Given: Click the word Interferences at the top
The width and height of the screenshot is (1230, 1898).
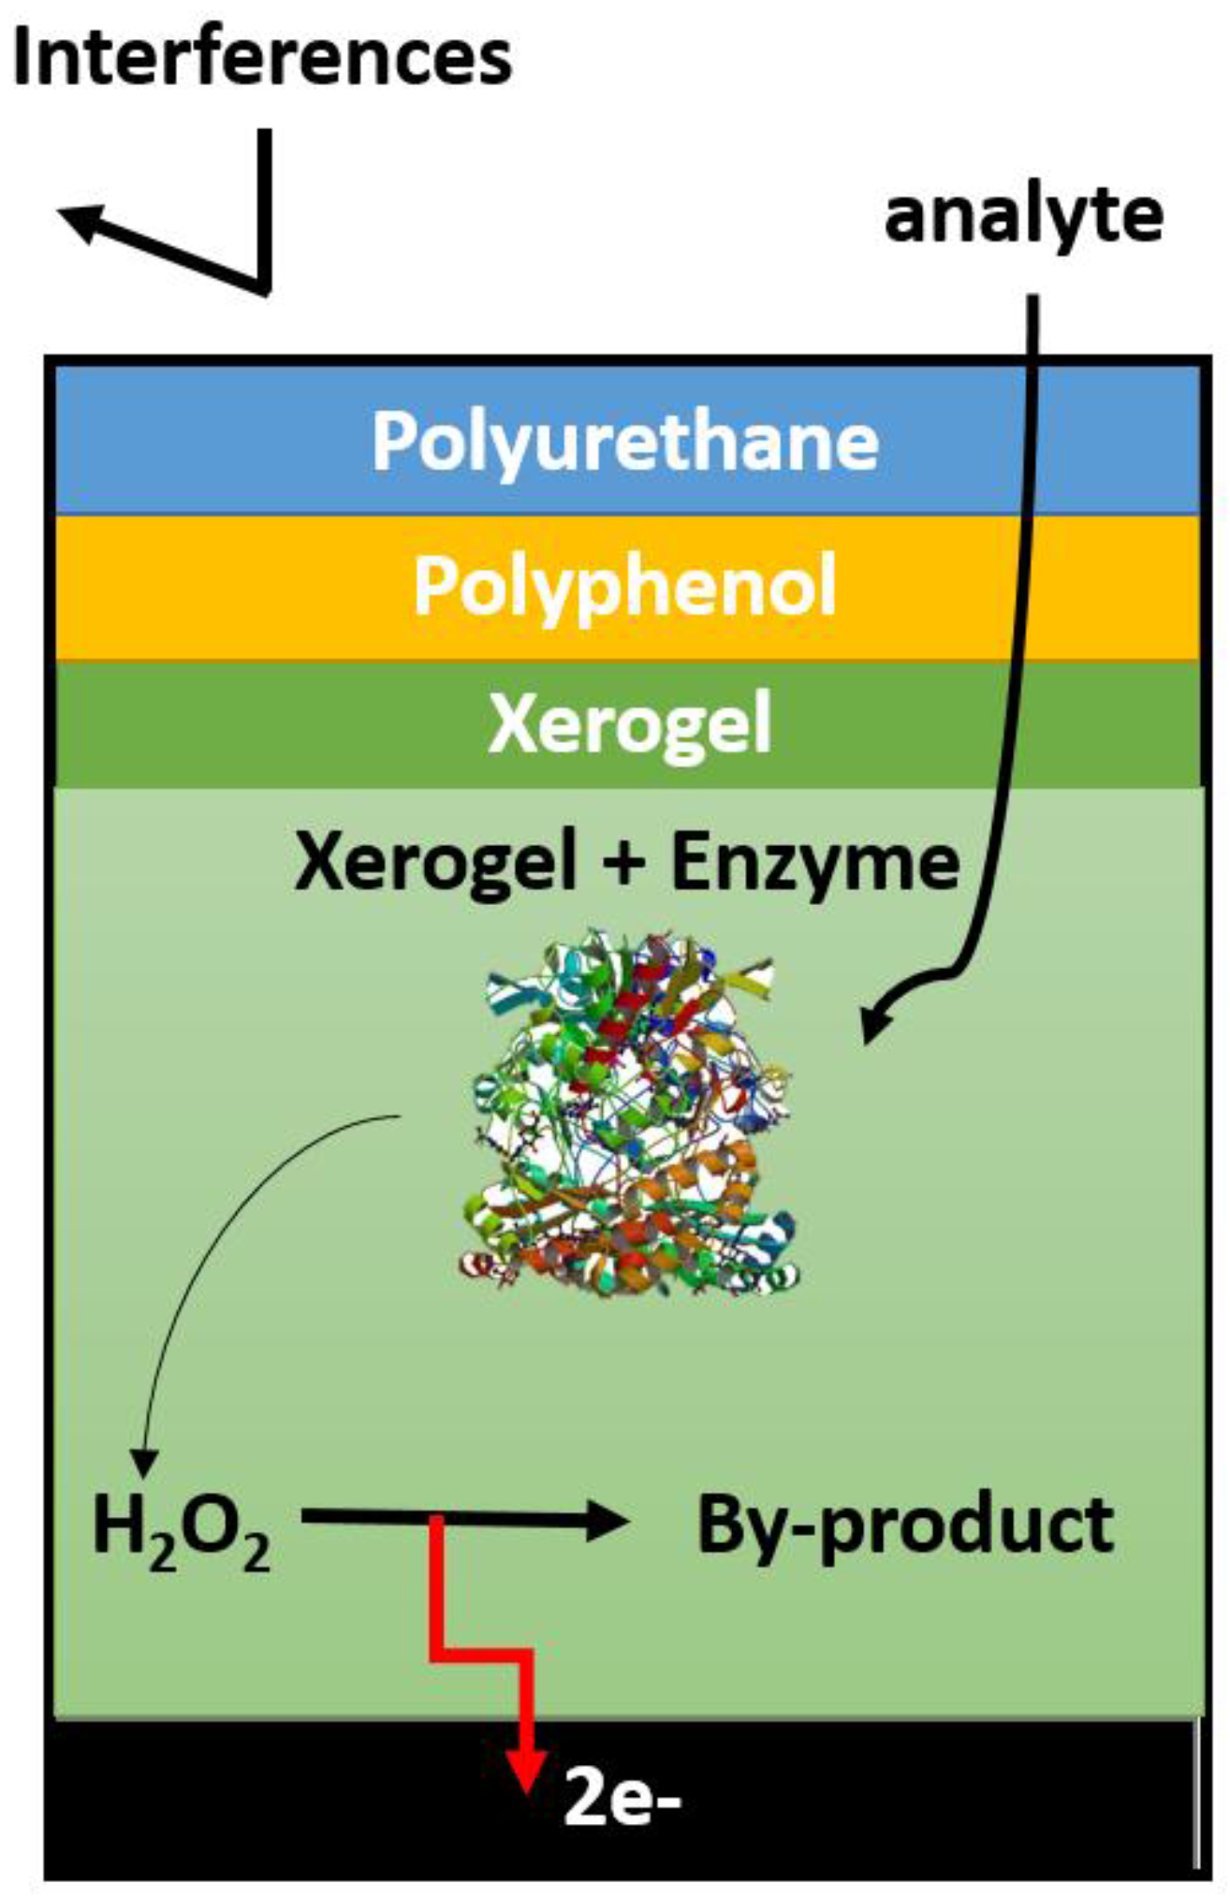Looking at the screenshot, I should coord(262,58).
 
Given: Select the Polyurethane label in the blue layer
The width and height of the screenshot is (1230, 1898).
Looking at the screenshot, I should coord(625,441).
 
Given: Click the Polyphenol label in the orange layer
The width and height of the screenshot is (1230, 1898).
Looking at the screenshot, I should coord(624,585).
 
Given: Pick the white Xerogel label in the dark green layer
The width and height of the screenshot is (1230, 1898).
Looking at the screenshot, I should coord(629,723).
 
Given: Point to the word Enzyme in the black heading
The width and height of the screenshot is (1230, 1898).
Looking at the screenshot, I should coord(815,863).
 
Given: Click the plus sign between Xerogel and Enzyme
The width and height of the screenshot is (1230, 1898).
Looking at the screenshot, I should coord(622,863).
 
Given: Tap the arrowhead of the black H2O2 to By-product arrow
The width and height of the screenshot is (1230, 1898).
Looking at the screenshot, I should coord(609,1521).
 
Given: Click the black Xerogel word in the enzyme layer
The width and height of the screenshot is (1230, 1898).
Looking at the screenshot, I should coord(434,863).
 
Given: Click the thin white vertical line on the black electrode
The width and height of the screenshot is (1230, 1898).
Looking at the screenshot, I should coord(1197,1795).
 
